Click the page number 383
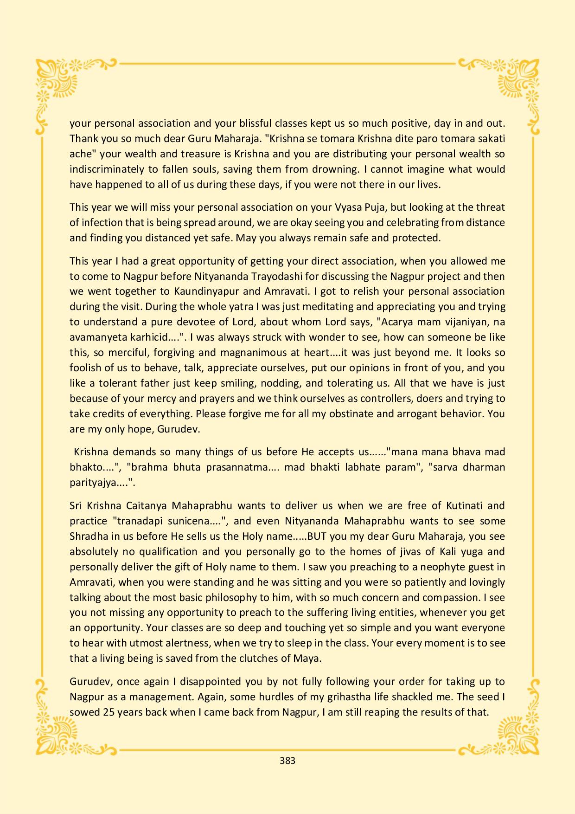287,761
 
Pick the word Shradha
89,536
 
